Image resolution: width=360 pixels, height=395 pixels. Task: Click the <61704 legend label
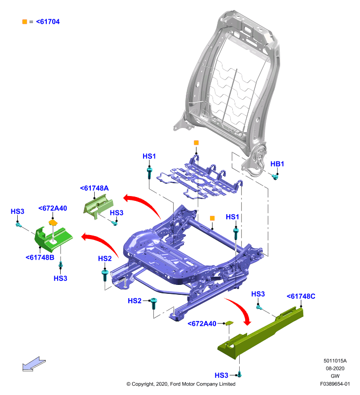point(48,22)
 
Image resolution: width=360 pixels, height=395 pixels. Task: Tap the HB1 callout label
point(277,164)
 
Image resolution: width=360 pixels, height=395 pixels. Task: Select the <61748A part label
point(94,188)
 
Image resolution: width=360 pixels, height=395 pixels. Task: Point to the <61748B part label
point(40,257)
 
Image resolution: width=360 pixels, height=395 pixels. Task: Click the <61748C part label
point(301,296)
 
